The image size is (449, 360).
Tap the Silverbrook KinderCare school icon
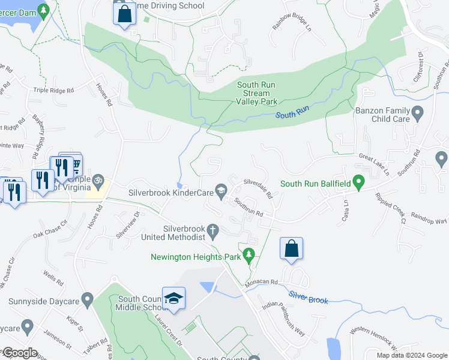pyautogui.click(x=221, y=193)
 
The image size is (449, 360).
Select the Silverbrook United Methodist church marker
pyautogui.click(x=212, y=230)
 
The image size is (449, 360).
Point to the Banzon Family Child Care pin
pyautogui.click(x=418, y=112)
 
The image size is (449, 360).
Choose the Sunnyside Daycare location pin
pyautogui.click(x=88, y=298)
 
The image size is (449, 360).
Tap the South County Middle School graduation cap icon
pyautogui.click(x=173, y=298)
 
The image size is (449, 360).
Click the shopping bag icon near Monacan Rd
pyautogui.click(x=291, y=249)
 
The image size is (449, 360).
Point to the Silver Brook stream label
pyautogui.click(x=308, y=296)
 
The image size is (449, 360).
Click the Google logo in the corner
pyautogui.click(x=20, y=353)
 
